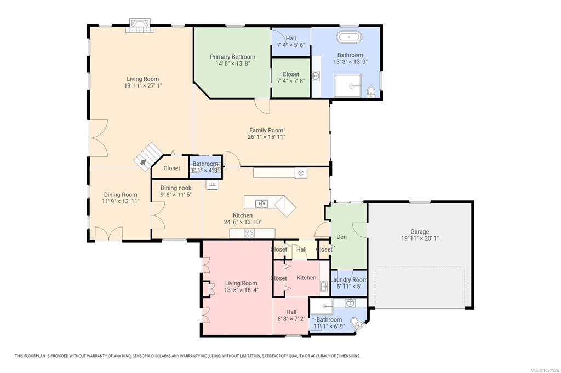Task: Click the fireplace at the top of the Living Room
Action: tap(140, 25)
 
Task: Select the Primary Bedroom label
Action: tap(232, 57)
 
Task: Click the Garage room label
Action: tap(420, 231)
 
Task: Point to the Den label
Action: tap(341, 237)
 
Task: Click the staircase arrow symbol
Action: tap(143, 162)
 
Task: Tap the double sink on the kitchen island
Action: tap(262, 203)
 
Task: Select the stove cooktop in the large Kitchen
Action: tap(249, 234)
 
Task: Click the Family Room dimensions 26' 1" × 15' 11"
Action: tap(266, 137)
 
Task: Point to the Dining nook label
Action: tap(176, 188)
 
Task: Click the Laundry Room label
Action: tap(349, 280)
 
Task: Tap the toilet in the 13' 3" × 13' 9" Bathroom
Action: tap(371, 91)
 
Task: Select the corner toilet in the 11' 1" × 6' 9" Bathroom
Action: tap(356, 323)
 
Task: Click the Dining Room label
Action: tap(121, 195)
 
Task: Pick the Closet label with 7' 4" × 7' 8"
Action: tap(290, 74)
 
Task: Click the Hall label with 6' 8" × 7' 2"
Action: tap(291, 312)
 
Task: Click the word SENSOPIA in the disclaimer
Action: tap(141, 356)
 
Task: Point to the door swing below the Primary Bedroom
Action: tap(262, 107)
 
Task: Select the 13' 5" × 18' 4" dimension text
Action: tap(241, 290)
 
